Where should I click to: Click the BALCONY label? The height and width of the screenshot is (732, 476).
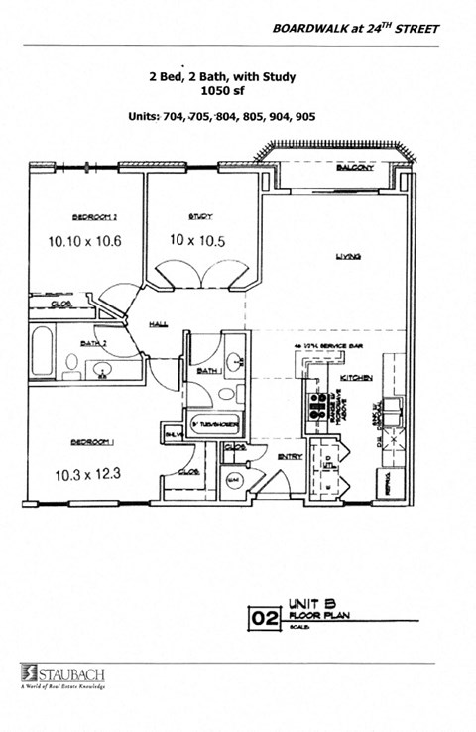[x=354, y=169]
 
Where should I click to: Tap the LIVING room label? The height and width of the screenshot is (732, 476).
[x=347, y=257]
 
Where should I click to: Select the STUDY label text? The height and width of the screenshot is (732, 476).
[x=201, y=216]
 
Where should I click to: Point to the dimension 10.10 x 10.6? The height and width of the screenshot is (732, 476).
[x=84, y=241]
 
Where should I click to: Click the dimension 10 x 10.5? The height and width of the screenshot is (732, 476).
[x=200, y=241]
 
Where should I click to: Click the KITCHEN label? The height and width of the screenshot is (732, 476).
[x=356, y=379]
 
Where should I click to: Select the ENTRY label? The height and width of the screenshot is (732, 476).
[x=291, y=456]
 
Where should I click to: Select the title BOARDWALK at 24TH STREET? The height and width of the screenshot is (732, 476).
[x=355, y=29]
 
